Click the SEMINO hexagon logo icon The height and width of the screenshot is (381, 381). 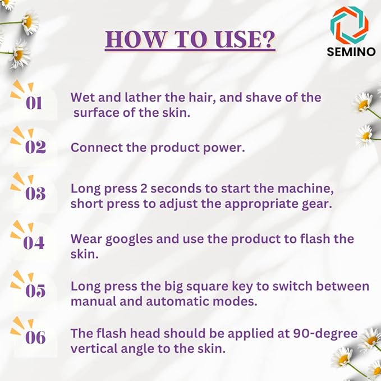[x=349, y=25]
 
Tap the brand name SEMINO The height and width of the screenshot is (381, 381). [x=351, y=52]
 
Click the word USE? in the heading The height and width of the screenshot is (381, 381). [x=245, y=39]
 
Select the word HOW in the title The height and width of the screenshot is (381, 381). [x=135, y=39]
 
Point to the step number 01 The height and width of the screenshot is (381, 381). [x=34, y=103]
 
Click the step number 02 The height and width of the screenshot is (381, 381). [x=35, y=147]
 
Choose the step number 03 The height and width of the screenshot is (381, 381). [x=35, y=194]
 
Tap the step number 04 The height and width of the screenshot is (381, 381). [x=34, y=243]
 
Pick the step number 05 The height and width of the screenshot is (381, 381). [x=35, y=291]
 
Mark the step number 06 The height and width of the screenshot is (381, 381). [x=35, y=337]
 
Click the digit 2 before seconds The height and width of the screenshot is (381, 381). [x=144, y=189]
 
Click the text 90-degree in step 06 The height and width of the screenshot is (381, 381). [x=325, y=334]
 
